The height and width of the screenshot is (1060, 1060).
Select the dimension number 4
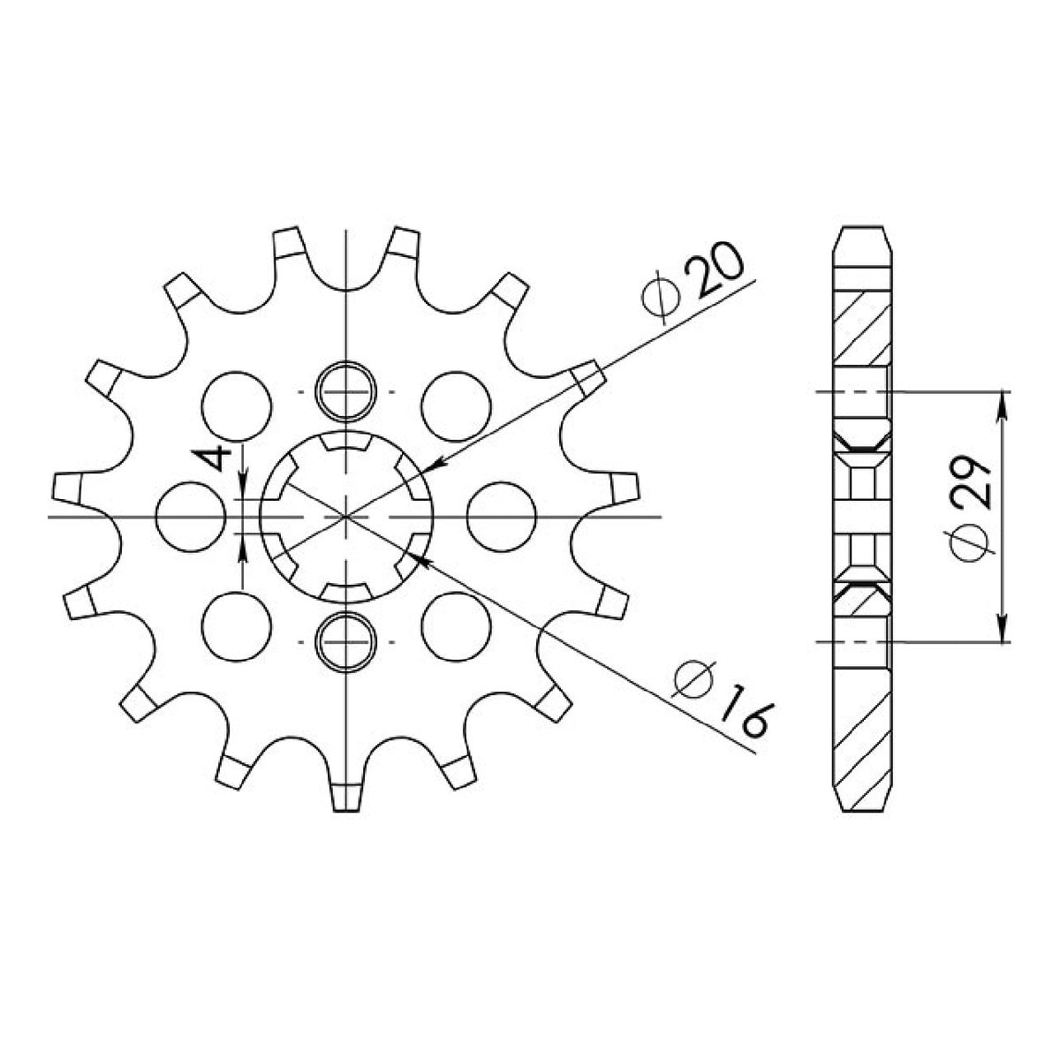point(211,458)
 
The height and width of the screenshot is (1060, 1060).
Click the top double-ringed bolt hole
point(345,392)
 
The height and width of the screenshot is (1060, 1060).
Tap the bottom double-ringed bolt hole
point(345,642)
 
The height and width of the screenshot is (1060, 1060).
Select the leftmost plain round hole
point(191,517)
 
